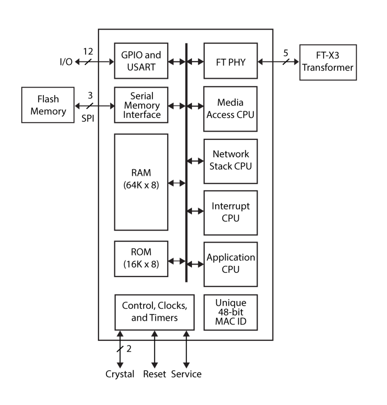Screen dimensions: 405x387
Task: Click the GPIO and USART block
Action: [x=141, y=61]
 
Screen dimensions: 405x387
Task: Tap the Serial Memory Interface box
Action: [x=141, y=105]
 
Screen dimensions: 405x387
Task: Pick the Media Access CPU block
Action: [x=230, y=109]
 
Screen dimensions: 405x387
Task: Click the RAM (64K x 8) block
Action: [x=141, y=182]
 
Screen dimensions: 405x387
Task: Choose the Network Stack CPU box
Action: [x=230, y=161]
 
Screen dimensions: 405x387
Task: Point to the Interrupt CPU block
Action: [x=230, y=213]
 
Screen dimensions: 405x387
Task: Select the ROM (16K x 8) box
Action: [x=141, y=259]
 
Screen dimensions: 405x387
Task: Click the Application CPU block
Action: [x=230, y=264]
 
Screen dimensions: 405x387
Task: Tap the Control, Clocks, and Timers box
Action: [x=154, y=312]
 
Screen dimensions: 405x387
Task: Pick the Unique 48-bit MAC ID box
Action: [x=230, y=312]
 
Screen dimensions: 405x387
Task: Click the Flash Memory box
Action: [x=48, y=105]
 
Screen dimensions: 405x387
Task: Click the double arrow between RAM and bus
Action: [x=177, y=183]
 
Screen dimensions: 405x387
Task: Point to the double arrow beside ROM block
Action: [x=177, y=261]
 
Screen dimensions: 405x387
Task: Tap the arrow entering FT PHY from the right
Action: [x=265, y=62]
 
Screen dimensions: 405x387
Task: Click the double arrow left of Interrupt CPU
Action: [x=195, y=211]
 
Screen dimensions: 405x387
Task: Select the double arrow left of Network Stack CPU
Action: [x=195, y=161]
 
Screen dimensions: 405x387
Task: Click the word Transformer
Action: [x=328, y=68]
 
